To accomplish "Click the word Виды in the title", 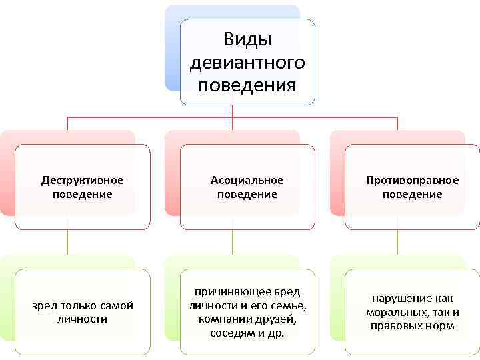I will click(247, 39).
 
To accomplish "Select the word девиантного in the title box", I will click(247, 63).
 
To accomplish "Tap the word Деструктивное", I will click(82, 180).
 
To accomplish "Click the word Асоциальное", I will click(247, 180).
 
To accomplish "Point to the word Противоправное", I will click(413, 180).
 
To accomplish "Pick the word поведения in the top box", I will click(247, 85).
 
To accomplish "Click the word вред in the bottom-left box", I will click(45, 305).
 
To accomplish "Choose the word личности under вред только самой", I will click(82, 319).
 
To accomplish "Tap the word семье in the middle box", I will click(289, 305).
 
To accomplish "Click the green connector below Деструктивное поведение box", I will click(67, 242).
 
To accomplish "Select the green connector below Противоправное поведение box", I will click(397, 242).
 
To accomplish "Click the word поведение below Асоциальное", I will click(247, 194).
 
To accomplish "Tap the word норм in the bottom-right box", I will click(442, 325).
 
